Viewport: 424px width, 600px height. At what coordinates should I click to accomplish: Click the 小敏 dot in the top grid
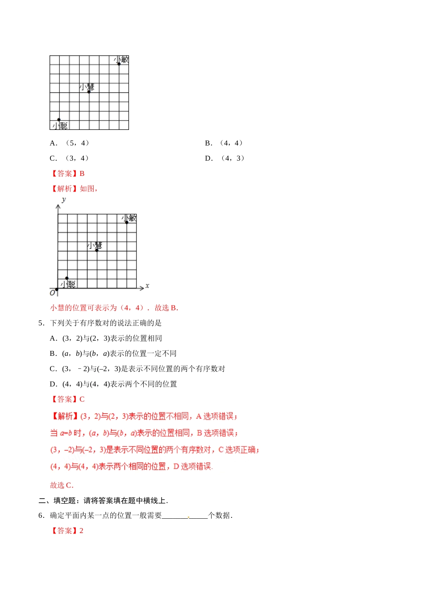point(119,64)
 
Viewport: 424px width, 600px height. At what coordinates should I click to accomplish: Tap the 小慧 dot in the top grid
point(89,92)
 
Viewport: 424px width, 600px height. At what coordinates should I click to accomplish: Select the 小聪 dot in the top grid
point(59,120)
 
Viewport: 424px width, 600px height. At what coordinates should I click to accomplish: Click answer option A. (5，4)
point(71,143)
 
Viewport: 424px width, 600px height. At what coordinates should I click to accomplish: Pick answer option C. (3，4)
point(71,158)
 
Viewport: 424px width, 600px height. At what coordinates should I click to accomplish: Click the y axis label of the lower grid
point(64,200)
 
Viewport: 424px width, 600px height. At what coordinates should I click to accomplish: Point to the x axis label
point(147,286)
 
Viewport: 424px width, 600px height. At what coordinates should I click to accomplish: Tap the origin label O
point(52,293)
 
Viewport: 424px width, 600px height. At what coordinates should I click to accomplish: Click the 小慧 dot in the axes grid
point(97,250)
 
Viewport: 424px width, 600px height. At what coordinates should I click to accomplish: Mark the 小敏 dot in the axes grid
point(127,222)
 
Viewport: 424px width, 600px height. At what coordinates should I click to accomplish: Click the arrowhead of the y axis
point(58,206)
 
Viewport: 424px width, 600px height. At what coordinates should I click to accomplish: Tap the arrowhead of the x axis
point(142,287)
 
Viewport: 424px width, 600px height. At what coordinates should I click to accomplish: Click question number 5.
point(41,323)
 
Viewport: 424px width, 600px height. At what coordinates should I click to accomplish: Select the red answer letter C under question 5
point(82,400)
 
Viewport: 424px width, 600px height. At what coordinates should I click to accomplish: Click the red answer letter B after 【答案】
point(82,174)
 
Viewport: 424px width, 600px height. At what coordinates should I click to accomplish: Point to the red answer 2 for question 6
point(81,531)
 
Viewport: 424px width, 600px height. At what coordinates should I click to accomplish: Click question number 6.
point(41,516)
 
